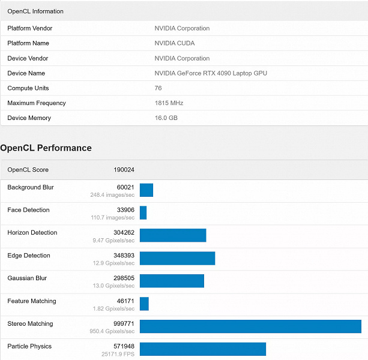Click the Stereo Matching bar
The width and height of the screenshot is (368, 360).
coord(250,326)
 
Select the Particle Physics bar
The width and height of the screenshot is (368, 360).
coord(203,349)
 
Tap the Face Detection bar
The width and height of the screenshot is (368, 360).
coord(143,212)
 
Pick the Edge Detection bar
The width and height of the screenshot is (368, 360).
coord(177,258)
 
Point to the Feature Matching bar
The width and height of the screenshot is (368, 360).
coord(144,304)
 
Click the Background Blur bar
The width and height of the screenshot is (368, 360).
coord(146,190)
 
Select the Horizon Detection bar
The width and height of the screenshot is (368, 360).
coord(173,235)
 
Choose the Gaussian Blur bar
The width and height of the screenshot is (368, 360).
coord(172,281)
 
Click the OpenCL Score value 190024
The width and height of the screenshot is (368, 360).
coord(124,170)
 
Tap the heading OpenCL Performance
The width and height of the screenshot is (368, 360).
coord(46,148)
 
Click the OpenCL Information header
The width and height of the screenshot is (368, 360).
coord(35,11)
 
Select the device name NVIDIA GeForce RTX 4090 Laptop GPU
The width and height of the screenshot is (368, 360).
coord(211,73)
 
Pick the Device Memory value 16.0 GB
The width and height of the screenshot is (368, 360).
coord(166,118)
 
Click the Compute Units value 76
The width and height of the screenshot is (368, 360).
coord(158,88)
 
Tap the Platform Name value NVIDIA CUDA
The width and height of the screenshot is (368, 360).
coord(175,43)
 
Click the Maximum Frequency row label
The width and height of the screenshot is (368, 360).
coord(37,103)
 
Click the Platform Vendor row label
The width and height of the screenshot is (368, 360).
coord(30,28)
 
